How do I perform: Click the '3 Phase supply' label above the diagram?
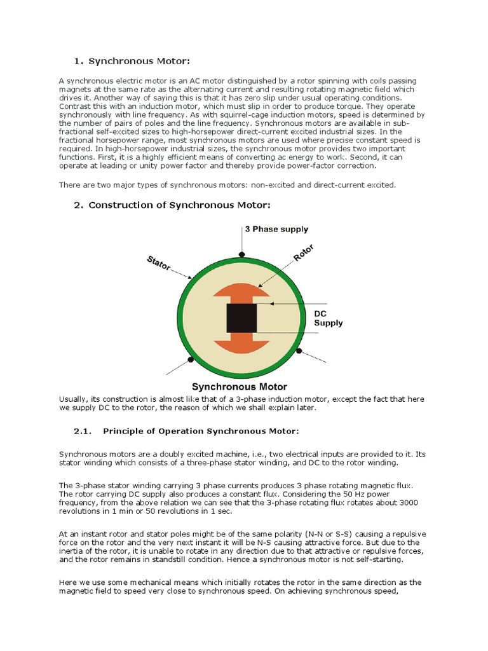(x=276, y=229)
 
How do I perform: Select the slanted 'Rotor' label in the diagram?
(x=304, y=253)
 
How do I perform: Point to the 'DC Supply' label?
(x=329, y=319)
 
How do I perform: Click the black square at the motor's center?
(x=241, y=318)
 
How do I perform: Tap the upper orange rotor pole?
(x=241, y=291)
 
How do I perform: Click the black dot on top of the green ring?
(x=241, y=254)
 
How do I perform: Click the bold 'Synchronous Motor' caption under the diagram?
(x=240, y=387)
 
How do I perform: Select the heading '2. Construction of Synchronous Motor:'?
(x=172, y=205)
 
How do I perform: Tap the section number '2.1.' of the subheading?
(x=83, y=431)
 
